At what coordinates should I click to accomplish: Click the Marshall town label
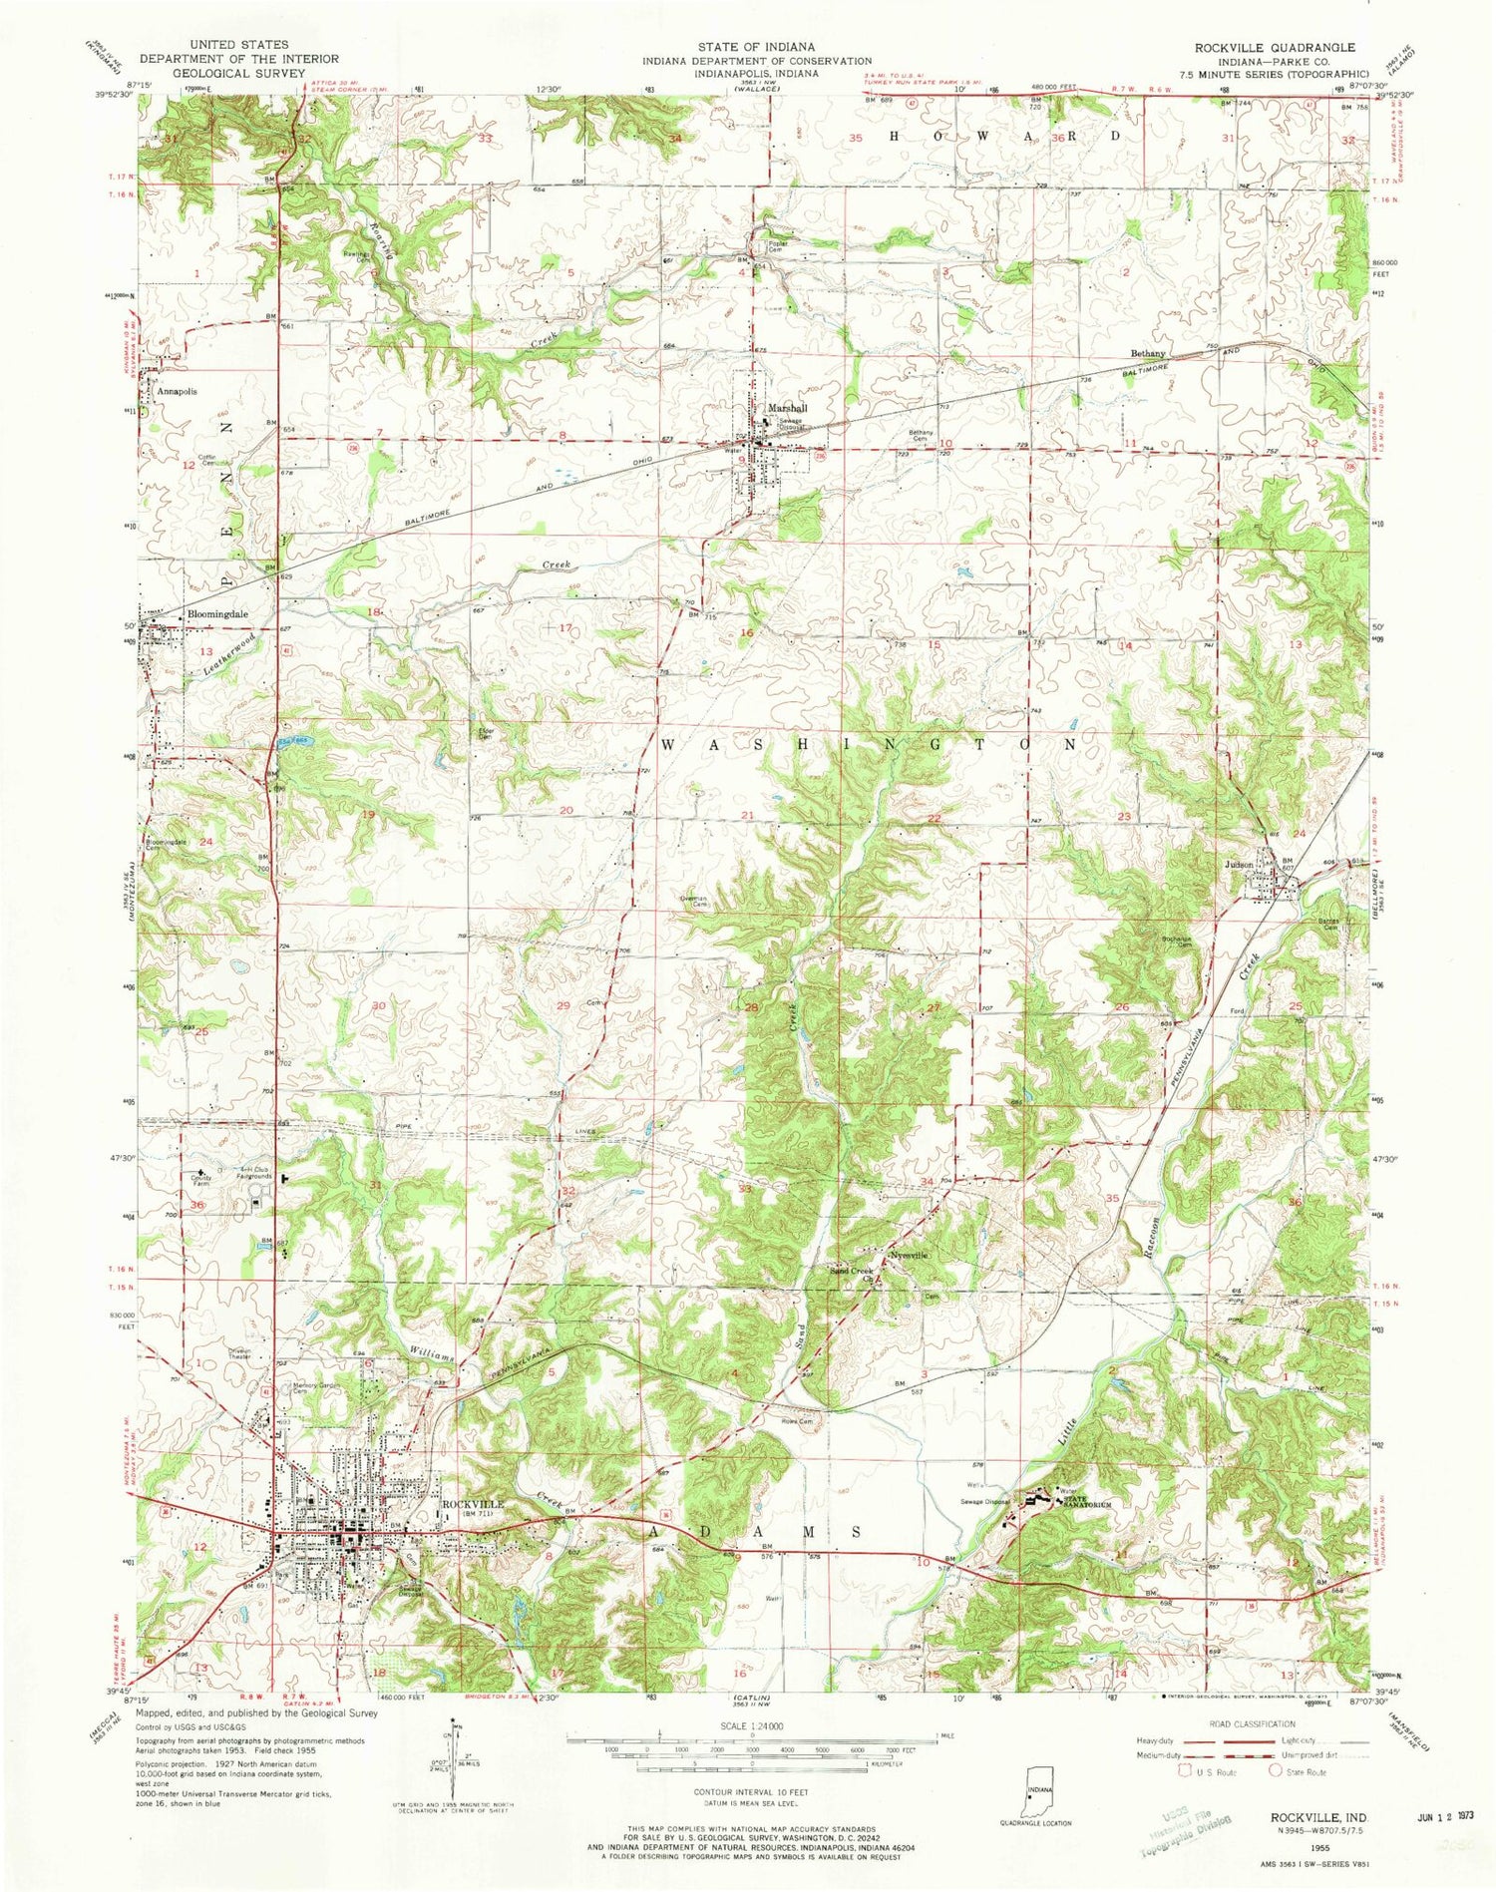coord(787,408)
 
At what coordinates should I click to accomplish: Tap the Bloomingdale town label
coord(216,614)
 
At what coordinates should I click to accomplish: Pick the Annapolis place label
coord(176,392)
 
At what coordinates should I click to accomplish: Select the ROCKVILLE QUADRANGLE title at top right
coord(1266,47)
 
